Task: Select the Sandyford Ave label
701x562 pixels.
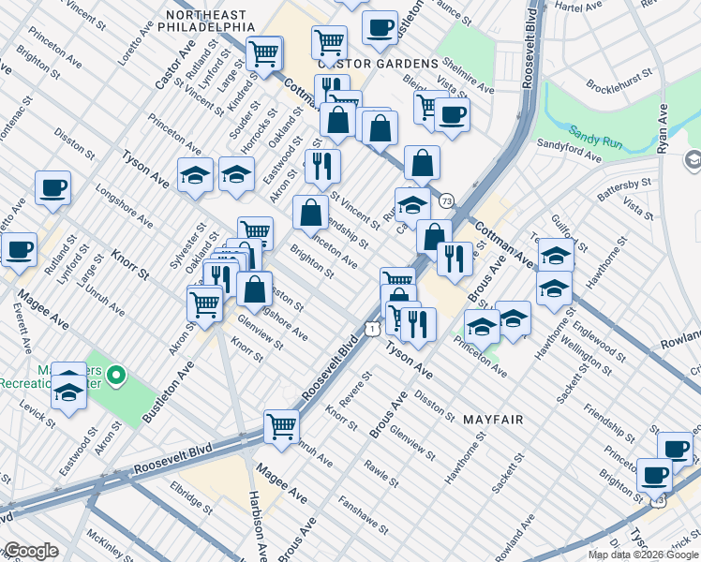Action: click(569, 151)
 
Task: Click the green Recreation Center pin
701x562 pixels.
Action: click(116, 377)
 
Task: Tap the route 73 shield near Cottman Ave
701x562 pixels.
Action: click(446, 201)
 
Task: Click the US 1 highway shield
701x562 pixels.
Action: click(373, 328)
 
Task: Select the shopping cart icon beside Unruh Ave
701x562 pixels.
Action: click(281, 426)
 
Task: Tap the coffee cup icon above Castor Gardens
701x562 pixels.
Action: click(380, 28)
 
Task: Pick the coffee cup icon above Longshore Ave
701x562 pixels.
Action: click(52, 186)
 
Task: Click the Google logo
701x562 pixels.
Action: click(30, 551)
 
